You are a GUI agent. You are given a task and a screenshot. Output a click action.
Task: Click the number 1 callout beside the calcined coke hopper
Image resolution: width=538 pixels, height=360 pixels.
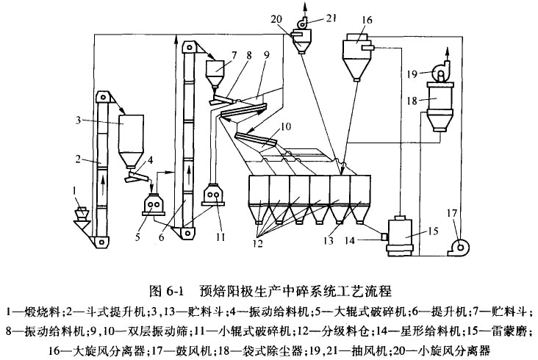[x=74, y=192]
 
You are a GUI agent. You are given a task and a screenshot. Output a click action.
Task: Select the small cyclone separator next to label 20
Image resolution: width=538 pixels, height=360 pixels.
[x=301, y=43]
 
